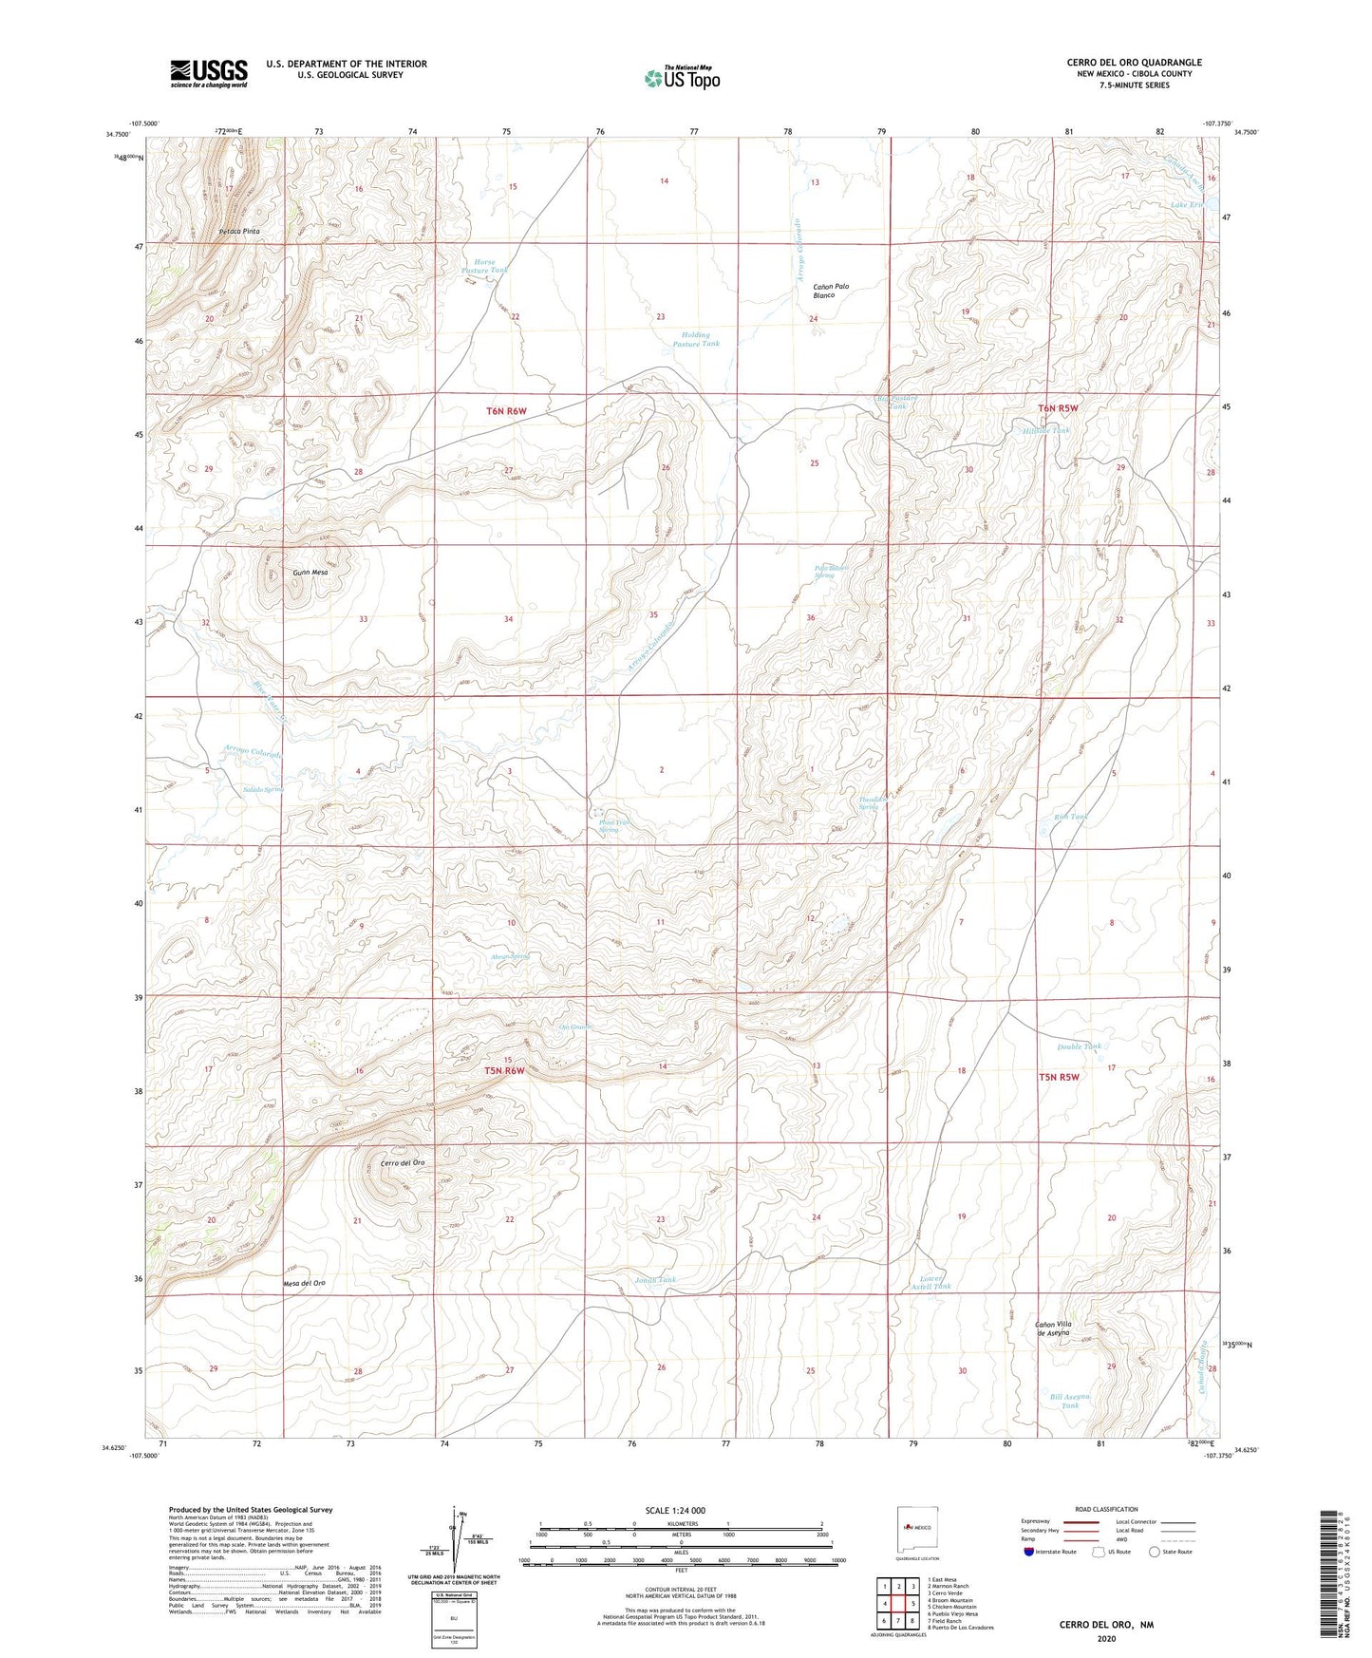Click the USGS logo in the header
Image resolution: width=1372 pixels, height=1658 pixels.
(209, 73)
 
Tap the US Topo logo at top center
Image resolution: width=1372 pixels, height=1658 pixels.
(682, 78)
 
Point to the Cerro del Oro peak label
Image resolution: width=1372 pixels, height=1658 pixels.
(402, 1163)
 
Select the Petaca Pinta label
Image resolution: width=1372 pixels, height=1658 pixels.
(238, 231)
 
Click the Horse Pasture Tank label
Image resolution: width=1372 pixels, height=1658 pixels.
(484, 267)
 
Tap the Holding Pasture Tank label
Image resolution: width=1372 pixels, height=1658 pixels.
(696, 339)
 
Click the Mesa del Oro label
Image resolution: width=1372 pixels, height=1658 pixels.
(304, 1284)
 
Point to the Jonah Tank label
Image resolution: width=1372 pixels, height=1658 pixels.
(655, 1280)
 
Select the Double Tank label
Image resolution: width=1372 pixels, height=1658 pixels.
(1080, 1046)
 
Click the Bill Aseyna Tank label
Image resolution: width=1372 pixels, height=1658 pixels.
(1070, 1401)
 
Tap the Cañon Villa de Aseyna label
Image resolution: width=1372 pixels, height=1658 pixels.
(1051, 1328)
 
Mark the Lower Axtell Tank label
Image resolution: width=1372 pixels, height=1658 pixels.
(930, 1283)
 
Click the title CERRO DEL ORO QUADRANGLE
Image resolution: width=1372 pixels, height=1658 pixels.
(1134, 63)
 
